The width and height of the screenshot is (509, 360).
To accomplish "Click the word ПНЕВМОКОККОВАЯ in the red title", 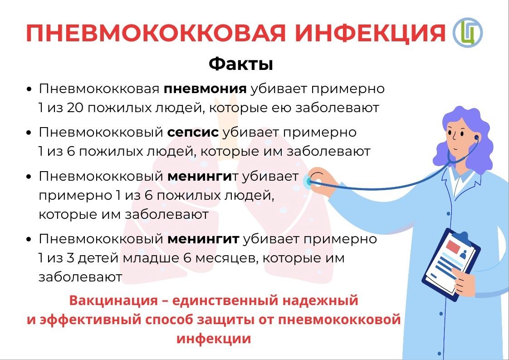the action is coord(156,33).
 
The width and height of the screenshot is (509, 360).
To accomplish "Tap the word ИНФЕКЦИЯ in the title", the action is coord(370,33).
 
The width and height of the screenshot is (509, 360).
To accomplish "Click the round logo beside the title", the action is coord(467,33).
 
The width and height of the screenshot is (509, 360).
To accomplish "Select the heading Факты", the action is coord(240,64).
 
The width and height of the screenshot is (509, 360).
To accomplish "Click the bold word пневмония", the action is coord(205,89).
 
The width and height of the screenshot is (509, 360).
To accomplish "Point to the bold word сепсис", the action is coord(193,132).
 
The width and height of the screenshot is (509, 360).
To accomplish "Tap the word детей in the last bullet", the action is coord(98,258).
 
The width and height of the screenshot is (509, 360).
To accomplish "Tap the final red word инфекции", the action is coord(214,339).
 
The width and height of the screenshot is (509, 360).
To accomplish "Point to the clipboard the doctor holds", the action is coord(451,263).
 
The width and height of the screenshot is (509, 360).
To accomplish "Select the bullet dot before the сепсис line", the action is coord(30,133).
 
